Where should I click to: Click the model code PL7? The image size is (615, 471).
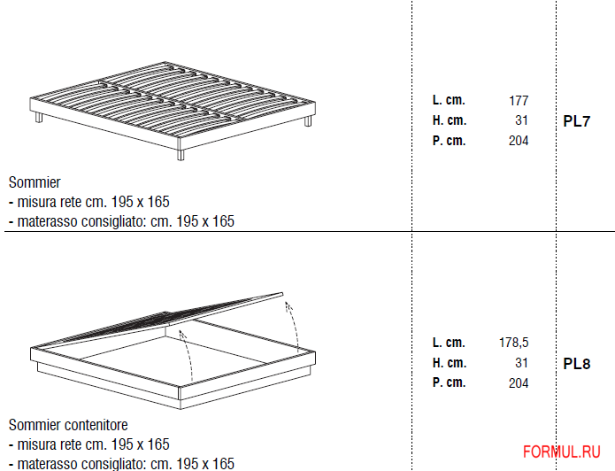[576, 122]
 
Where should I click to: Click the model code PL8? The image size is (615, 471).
[576, 364]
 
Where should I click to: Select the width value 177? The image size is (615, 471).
[518, 101]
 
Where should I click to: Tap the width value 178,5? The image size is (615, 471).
[513, 343]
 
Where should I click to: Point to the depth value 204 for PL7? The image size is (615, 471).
[518, 141]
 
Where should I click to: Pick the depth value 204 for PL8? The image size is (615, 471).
[518, 383]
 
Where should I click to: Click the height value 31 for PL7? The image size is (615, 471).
[521, 120]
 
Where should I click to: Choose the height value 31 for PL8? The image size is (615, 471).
[521, 363]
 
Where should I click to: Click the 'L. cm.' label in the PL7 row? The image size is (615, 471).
[449, 101]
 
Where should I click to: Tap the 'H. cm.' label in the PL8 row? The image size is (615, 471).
[450, 363]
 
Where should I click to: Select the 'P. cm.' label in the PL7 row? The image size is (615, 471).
[449, 141]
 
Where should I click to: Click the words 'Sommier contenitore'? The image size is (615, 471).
[68, 425]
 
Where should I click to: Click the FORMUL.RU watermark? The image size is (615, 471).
[563, 452]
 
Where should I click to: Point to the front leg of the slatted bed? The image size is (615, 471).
[181, 153]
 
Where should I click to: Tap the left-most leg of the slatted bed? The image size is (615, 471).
[38, 119]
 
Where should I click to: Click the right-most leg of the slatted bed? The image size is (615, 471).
[307, 121]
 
